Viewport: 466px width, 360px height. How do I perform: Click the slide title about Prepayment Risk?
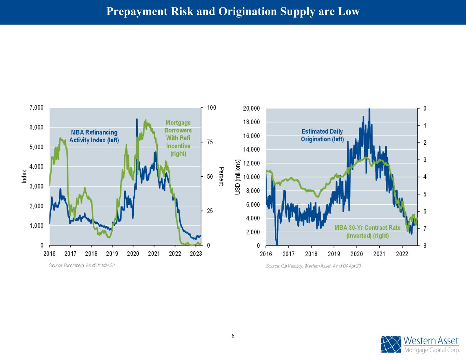pos(233,12)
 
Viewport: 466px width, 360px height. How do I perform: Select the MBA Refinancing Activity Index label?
pos(94,136)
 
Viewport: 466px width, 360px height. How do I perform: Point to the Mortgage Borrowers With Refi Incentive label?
pos(178,138)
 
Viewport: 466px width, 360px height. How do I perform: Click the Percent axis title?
pos(221,176)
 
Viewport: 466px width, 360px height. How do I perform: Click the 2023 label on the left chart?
pos(196,254)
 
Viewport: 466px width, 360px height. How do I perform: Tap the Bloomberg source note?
pos(82,265)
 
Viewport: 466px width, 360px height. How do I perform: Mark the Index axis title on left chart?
pos(24,176)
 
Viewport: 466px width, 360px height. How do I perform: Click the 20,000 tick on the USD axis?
pos(251,109)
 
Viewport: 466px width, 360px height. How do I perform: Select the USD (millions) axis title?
pos(238,177)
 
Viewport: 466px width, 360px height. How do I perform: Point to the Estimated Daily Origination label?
pos(322,135)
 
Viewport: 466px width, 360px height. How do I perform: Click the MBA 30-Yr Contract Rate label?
pos(367,232)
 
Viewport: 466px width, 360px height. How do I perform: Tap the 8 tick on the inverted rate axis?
pos(425,246)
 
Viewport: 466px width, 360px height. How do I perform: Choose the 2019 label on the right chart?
pos(334,254)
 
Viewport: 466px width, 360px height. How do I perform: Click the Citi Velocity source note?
pos(313,266)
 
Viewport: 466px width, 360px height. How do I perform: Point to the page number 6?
pos(233,336)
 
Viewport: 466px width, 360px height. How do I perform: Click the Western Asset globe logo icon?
pos(391,344)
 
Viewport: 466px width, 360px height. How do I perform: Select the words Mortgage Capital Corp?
pos(432,350)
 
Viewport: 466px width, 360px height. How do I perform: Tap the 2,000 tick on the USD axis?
pos(253,232)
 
